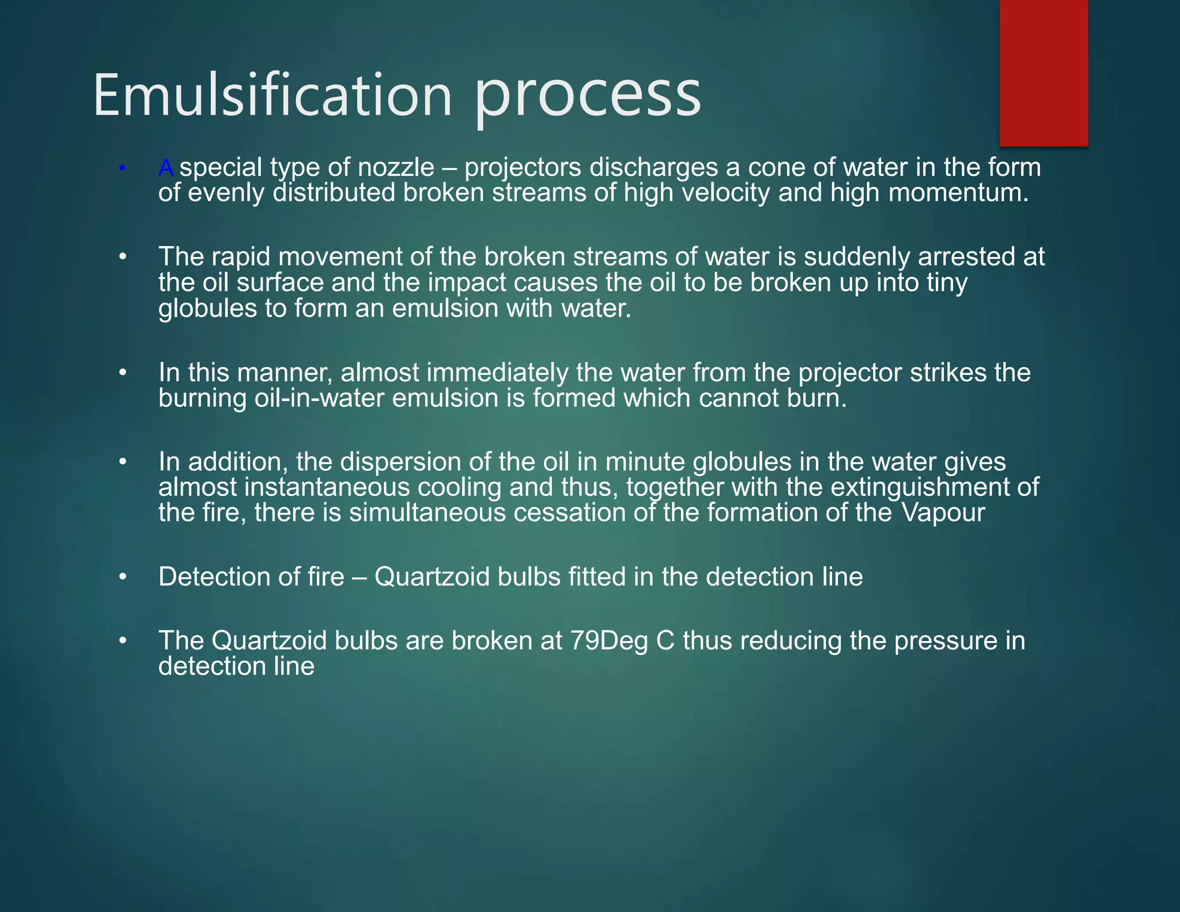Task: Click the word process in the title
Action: point(588,98)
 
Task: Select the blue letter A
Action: point(166,168)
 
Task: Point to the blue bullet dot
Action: point(122,168)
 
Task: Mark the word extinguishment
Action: point(920,488)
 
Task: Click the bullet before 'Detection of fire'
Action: point(122,577)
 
